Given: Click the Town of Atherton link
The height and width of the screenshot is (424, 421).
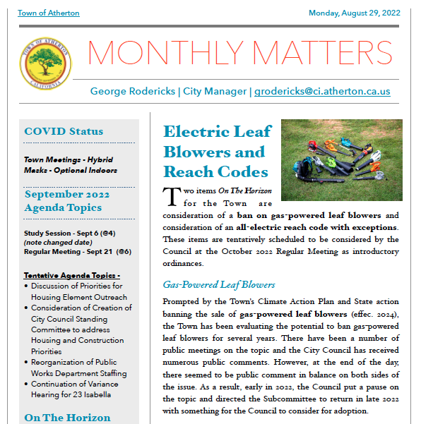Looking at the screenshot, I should [x=48, y=13].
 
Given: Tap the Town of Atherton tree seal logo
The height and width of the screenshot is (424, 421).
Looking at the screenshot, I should [x=45, y=62].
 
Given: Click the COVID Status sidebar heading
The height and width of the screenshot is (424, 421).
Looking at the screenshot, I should [x=64, y=131].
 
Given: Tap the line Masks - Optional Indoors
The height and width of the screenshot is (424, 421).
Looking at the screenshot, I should [x=71, y=170].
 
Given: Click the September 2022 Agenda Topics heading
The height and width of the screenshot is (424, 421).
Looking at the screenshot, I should [x=64, y=201].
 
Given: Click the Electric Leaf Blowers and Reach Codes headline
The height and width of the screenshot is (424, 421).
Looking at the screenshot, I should [x=215, y=152].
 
